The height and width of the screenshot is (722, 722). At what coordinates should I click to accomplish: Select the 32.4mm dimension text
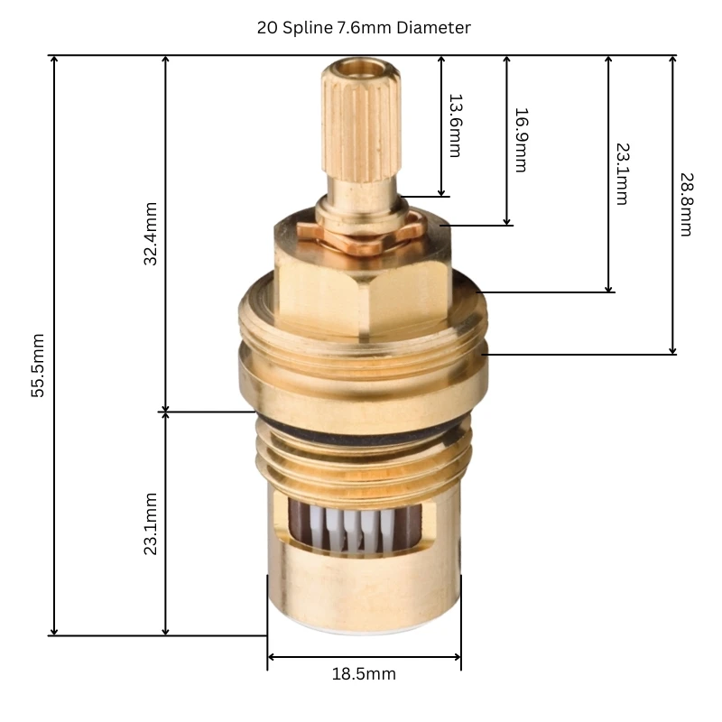click(151, 233)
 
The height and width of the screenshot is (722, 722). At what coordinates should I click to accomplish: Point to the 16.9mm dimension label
click(520, 140)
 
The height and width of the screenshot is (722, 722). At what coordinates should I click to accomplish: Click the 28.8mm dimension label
click(685, 204)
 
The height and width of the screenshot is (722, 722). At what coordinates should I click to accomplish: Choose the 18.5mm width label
click(364, 674)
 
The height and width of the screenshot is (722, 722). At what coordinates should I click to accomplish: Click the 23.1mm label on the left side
click(151, 523)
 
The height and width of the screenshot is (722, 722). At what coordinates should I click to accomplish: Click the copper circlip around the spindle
click(366, 236)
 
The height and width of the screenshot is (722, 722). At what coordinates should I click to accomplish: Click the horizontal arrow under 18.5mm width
click(364, 656)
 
